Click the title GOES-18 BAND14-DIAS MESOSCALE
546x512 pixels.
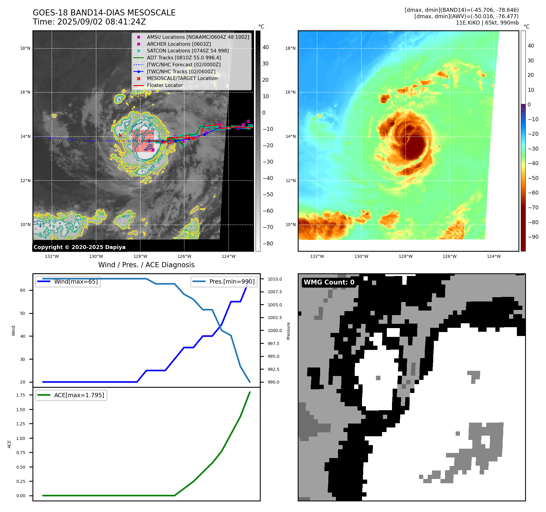coord(104,13)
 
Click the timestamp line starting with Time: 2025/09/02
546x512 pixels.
coord(89,22)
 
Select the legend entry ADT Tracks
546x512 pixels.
coord(184,58)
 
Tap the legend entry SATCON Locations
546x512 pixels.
coord(188,51)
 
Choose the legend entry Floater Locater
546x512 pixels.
coord(165,85)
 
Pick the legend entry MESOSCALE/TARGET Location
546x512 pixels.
coord(182,78)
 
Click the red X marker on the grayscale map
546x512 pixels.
coord(120,136)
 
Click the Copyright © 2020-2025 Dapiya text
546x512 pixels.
coord(79,247)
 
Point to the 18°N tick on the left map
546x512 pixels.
coord(25,48)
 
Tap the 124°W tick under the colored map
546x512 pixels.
coord(494,256)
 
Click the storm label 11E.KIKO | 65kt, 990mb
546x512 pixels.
coord(487,23)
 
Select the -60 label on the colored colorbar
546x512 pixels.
coord(533,193)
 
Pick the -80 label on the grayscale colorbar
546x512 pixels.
coord(268,244)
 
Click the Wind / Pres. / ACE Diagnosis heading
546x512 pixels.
coord(146,265)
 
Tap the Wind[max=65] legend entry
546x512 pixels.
coord(76,281)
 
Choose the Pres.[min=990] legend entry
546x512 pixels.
coord(232,281)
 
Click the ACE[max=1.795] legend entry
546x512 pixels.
coord(79,395)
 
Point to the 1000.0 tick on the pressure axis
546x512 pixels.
coord(275,331)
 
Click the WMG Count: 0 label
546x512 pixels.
coord(329,282)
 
